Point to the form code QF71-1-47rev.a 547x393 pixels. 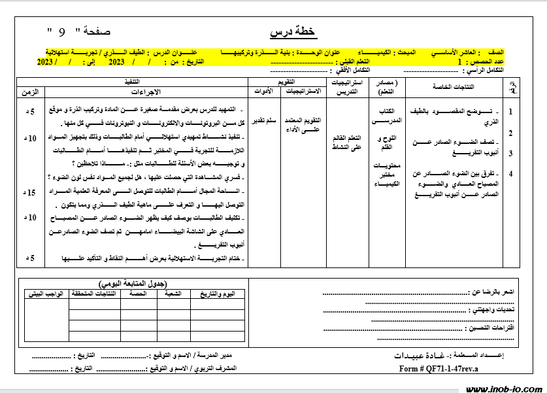pos(439,369)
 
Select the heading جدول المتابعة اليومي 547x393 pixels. pos(133,284)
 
